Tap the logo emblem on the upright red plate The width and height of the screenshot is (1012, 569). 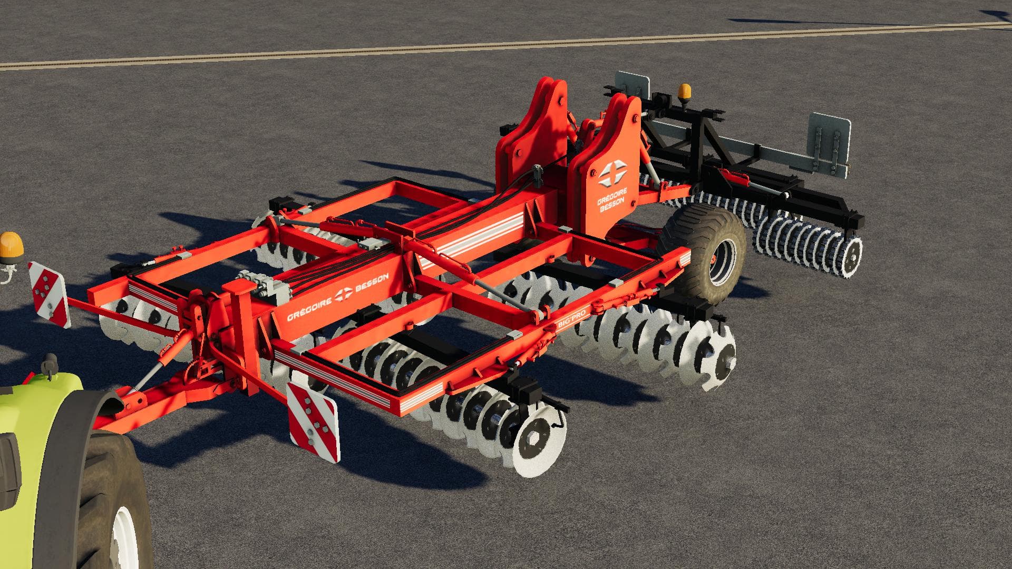coord(612,173)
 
